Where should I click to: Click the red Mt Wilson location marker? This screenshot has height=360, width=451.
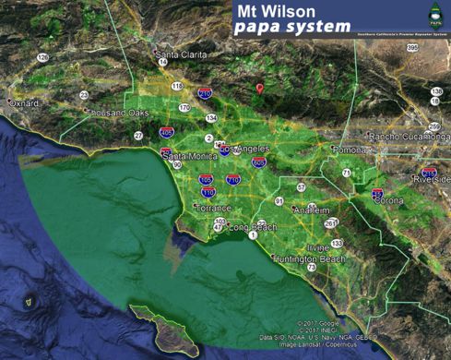[x=260, y=89]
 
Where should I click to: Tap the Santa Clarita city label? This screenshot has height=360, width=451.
[x=181, y=54]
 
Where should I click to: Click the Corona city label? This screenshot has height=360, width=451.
[x=390, y=199]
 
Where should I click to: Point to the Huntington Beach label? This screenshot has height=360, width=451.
[x=309, y=259]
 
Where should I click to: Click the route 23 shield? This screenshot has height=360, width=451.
[x=84, y=95]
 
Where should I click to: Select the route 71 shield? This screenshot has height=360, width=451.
[x=347, y=173]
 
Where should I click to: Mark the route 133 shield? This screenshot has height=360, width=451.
[x=337, y=243]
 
